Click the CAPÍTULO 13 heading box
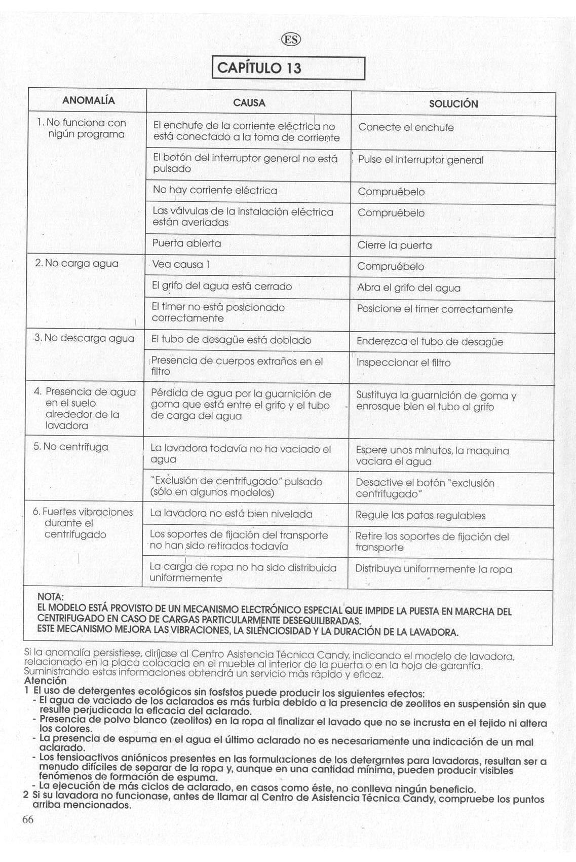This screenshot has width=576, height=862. coord(288,68)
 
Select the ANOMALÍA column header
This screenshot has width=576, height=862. coord(88,100)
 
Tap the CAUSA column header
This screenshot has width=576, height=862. coord(249,103)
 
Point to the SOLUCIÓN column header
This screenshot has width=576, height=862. coord(453,104)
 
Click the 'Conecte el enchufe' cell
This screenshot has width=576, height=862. coord(406,127)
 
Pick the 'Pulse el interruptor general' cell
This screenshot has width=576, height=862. coord(420,160)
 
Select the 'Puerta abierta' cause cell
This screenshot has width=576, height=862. coord(187,243)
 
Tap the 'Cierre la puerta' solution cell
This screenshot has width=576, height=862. coord(395,245)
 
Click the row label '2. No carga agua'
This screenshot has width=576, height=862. coord(76,264)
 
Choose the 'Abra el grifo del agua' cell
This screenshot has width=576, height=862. coord(409,288)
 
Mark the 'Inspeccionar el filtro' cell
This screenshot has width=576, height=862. coord(403,363)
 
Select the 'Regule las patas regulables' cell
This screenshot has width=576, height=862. coord(420,516)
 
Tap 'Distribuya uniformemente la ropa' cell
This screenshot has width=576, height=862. coord(433,569)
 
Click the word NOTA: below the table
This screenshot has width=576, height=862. coord(51,597)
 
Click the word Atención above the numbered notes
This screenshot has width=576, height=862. coord(45,681)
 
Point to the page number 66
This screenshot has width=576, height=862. coord(28,819)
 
